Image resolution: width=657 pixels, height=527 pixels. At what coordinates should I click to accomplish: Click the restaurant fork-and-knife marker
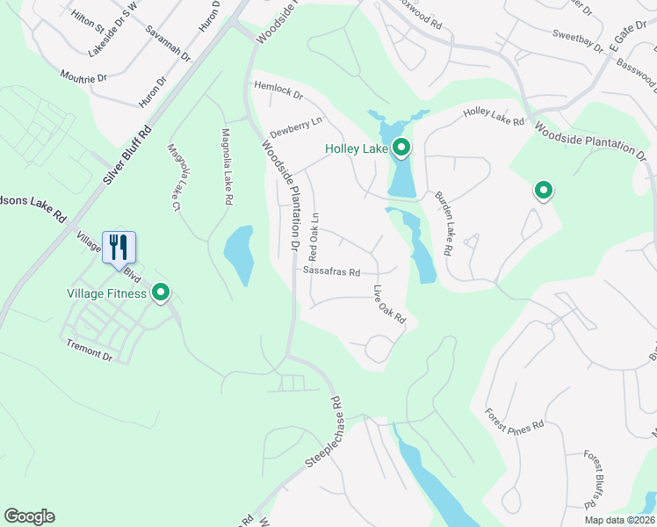pyautogui.click(x=119, y=247)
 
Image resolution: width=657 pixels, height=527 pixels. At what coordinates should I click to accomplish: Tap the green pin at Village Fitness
pyautogui.click(x=161, y=292)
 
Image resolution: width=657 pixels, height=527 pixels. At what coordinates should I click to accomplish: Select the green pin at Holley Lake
pyautogui.click(x=401, y=148)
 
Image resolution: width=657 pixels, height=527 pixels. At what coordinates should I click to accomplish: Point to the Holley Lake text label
pyautogui.click(x=357, y=149)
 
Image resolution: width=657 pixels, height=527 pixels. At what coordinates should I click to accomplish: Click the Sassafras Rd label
pyautogui.click(x=332, y=272)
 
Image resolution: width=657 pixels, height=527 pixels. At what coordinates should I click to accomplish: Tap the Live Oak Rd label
pyautogui.click(x=389, y=305)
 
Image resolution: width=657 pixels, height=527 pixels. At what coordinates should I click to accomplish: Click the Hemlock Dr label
pyautogui.click(x=278, y=90)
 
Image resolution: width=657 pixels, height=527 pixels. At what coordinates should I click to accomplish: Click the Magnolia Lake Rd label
pyautogui.click(x=227, y=167)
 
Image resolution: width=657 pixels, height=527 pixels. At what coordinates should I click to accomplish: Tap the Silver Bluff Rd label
pyautogui.click(x=126, y=155)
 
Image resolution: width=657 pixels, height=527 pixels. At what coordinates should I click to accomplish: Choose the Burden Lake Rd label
pyautogui.click(x=443, y=224)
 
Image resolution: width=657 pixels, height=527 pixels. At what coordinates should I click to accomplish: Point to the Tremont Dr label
pyautogui.click(x=90, y=351)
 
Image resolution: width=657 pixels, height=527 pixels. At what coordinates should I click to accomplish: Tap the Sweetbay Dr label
pyautogui.click(x=576, y=40)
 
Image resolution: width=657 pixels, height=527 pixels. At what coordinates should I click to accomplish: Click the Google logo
pyautogui.click(x=29, y=516)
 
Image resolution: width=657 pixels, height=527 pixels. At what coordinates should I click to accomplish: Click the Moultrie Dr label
pyautogui.click(x=83, y=71)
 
